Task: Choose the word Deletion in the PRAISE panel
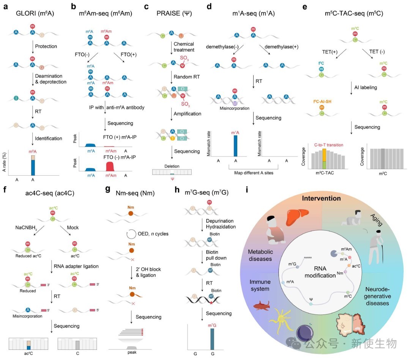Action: (x=172, y=166)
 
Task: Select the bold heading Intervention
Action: (x=322, y=198)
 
